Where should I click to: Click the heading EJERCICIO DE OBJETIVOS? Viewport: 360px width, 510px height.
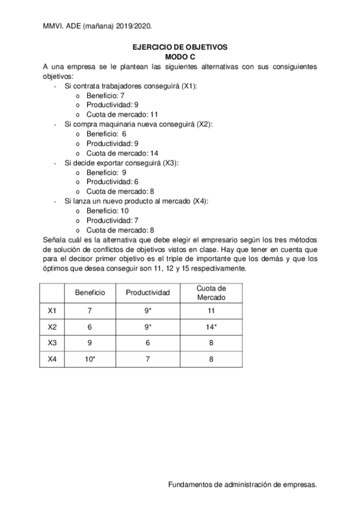(x=180, y=46)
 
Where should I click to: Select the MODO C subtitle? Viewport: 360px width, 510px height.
(x=180, y=55)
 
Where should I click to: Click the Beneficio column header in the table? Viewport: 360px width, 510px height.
(x=90, y=293)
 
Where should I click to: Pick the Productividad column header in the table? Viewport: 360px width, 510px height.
(x=148, y=293)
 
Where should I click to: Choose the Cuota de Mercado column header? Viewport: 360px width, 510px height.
(x=211, y=293)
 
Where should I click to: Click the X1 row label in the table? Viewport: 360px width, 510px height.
(x=52, y=311)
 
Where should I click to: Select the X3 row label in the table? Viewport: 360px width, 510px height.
(x=52, y=343)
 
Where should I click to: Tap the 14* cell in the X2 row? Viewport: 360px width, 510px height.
(x=211, y=327)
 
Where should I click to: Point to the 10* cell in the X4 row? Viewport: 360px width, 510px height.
(x=90, y=360)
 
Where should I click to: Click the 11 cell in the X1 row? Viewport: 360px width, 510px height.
(x=211, y=311)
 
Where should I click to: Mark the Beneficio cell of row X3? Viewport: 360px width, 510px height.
(x=90, y=343)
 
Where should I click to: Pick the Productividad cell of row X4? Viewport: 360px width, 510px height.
(x=148, y=360)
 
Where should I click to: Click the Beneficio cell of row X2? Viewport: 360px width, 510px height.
(x=90, y=327)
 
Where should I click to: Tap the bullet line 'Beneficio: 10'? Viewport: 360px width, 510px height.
(x=108, y=210)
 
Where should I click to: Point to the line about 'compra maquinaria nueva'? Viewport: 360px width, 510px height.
(x=138, y=124)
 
